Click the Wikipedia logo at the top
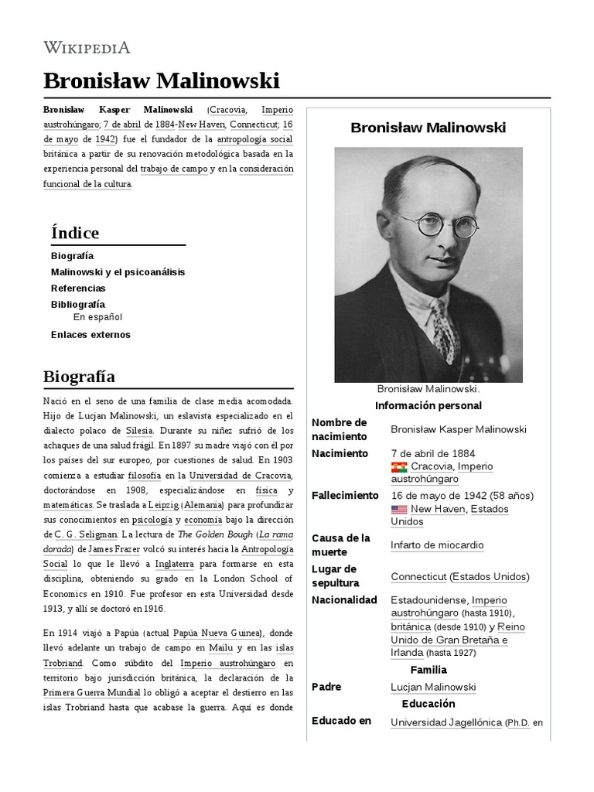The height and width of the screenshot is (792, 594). (87, 47)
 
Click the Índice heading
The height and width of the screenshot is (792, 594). (75, 233)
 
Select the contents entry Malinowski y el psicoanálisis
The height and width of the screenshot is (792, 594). (118, 272)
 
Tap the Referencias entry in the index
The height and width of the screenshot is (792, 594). (78, 288)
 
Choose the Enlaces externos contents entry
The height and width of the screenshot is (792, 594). (90, 335)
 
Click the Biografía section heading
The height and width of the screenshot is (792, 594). (80, 377)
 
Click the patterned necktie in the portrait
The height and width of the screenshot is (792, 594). (446, 332)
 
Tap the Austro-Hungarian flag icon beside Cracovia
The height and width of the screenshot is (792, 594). (399, 467)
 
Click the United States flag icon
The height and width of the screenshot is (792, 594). (399, 510)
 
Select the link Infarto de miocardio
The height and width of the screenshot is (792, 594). (437, 545)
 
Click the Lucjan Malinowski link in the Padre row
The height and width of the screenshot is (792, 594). (433, 687)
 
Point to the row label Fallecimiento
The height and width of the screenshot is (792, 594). (345, 496)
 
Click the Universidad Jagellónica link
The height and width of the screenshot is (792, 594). (446, 722)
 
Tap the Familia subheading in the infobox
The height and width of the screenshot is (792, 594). (428, 670)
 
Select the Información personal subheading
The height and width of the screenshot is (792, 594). (428, 406)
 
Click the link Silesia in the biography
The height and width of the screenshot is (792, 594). (140, 429)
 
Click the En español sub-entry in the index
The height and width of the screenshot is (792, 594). (97, 317)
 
